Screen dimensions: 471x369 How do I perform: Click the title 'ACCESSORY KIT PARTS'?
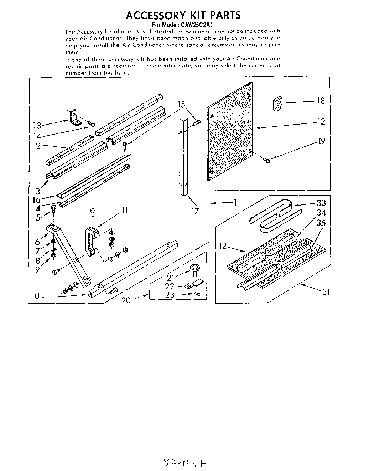(x=183, y=15)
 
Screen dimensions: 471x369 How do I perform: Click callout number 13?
(x=37, y=125)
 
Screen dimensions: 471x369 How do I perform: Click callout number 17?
(x=194, y=211)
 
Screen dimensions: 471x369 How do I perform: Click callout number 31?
(x=326, y=292)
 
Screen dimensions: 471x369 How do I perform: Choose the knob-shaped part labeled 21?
(x=195, y=268)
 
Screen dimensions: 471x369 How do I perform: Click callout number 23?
(x=170, y=295)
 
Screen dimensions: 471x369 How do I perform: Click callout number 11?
(x=124, y=210)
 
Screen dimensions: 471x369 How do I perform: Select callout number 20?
(x=126, y=300)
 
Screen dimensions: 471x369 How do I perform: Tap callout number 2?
(x=38, y=146)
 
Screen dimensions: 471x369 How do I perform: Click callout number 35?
(x=321, y=224)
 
